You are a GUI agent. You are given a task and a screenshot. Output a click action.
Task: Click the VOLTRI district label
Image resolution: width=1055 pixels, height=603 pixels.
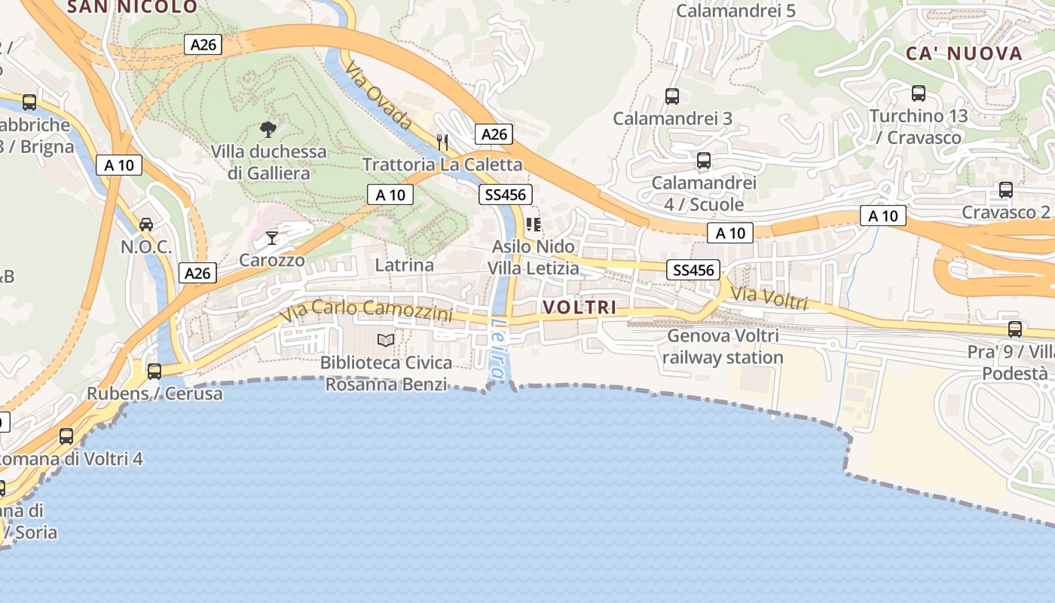tap(579, 308)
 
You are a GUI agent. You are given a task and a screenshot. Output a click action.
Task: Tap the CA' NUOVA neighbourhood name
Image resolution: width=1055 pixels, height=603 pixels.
tap(964, 54)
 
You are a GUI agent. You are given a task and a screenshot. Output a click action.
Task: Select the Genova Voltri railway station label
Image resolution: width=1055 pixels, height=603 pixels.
tap(723, 346)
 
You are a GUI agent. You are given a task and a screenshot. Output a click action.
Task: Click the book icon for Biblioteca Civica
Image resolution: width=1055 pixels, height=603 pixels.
tap(386, 341)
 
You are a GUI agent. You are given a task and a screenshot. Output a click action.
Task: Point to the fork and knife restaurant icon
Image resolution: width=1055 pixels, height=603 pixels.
tap(442, 142)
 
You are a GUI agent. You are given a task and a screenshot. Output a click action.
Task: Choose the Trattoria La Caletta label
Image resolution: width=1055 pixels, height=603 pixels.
tap(442, 164)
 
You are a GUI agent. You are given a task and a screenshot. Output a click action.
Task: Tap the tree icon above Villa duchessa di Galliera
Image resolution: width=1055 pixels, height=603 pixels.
tap(268, 130)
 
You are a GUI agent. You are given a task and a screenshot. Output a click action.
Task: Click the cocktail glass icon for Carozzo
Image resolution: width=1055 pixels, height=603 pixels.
tap(272, 239)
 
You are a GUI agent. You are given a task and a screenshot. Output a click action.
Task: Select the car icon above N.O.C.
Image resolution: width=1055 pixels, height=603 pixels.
tap(146, 225)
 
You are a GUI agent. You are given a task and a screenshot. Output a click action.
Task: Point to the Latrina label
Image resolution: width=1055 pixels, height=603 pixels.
tap(405, 265)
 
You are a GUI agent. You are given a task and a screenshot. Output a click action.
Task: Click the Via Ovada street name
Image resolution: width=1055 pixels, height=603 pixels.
tap(379, 96)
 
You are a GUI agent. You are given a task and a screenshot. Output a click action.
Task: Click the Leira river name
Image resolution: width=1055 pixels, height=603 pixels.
tap(499, 347)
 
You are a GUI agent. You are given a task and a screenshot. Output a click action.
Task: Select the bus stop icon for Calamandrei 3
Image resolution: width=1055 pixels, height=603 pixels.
tap(672, 96)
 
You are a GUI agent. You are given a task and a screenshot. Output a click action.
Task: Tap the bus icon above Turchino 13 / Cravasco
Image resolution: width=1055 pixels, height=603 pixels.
tap(919, 94)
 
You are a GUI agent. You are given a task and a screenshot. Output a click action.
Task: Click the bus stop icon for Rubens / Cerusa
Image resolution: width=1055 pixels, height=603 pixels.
tap(154, 372)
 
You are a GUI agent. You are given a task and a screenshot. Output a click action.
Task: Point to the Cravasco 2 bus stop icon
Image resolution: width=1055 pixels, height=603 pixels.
tap(1006, 190)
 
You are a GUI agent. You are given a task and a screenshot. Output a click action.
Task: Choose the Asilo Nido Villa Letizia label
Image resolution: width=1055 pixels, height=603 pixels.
tap(534, 257)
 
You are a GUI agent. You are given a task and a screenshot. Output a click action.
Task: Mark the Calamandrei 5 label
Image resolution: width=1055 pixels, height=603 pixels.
tap(736, 11)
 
